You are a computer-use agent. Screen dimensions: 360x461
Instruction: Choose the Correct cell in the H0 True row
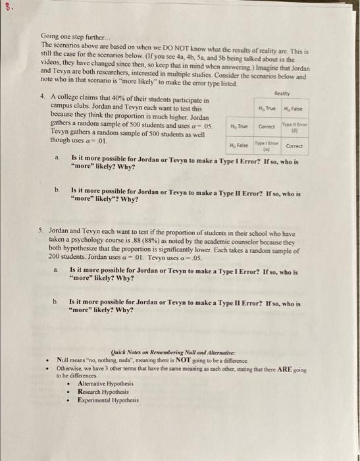tap(267, 126)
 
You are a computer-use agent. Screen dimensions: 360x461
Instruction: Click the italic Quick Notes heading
tap(161, 352)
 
